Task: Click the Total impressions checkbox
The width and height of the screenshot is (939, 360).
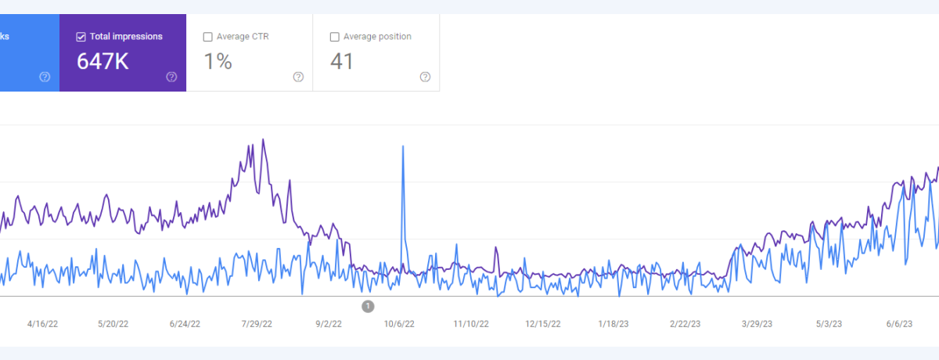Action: point(81,37)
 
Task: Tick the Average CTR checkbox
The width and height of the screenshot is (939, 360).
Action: point(207,37)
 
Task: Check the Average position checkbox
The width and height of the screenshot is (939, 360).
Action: point(335,37)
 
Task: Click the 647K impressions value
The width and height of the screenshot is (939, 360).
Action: point(103,61)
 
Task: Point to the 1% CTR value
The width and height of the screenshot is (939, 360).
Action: point(218,61)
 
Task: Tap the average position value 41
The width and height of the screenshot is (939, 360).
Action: point(342,61)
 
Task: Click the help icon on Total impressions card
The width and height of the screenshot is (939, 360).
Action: point(171,77)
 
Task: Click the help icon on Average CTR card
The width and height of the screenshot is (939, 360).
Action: point(298,77)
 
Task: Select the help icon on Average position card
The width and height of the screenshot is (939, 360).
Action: point(425,77)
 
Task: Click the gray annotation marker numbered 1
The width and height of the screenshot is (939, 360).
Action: point(368,306)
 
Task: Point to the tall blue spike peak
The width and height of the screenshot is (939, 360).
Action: point(403,146)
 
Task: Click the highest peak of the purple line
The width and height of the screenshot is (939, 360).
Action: point(263,140)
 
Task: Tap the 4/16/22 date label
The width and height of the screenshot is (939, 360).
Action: point(42,323)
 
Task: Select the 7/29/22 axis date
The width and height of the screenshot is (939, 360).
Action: point(256,323)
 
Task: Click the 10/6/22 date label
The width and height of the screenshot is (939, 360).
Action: point(399,323)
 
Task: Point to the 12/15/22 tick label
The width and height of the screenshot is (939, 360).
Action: point(542,323)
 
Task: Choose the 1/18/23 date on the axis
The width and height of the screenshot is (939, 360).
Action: point(614,323)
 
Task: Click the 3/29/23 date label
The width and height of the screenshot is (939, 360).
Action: point(757,323)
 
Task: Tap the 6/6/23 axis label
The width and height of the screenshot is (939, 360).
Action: point(901,323)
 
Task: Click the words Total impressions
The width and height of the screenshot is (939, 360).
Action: point(126,37)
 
